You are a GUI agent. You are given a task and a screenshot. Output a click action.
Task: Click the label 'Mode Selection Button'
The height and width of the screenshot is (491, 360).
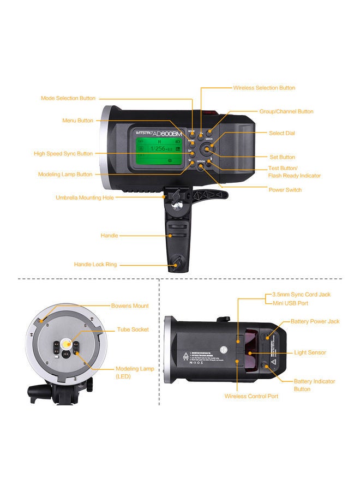tap(68, 99)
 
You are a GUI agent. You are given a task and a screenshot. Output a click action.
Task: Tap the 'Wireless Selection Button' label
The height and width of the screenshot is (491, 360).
tap(264, 88)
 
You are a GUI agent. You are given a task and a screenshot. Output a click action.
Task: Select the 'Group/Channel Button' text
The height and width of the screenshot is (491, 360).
tap(286, 111)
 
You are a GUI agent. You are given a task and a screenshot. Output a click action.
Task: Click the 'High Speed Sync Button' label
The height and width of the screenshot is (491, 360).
tap(63, 154)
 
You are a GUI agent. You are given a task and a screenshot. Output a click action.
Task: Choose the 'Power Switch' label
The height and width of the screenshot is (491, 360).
tap(285, 190)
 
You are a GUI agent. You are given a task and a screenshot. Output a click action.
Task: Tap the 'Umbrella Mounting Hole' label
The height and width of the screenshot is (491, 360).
tap(85, 197)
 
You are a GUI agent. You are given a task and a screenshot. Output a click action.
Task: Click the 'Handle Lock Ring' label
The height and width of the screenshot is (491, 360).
tap(95, 265)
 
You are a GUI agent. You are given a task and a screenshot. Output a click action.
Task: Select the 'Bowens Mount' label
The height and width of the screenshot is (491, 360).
tap(130, 306)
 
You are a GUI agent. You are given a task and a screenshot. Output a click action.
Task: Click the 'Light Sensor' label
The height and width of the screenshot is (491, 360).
tap(310, 352)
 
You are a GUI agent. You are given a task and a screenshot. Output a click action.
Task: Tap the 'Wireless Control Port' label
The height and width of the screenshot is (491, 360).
tap(251, 396)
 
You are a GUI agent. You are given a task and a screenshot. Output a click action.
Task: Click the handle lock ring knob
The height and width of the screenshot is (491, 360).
tap(176, 264)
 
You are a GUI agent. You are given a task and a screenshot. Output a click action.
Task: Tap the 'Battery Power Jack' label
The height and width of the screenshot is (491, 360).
tap(315, 321)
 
